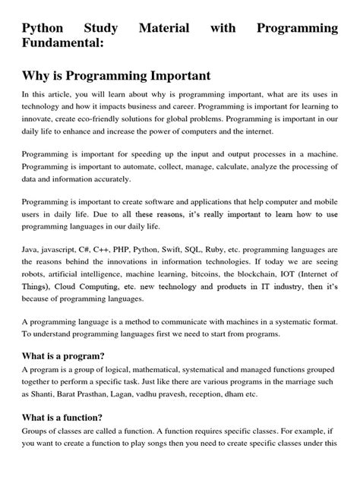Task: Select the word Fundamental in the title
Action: [x=62, y=46]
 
